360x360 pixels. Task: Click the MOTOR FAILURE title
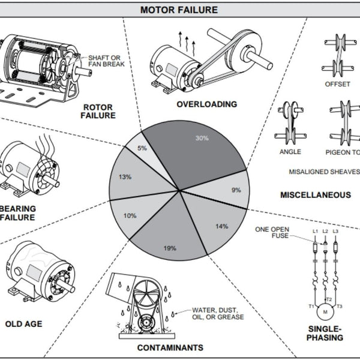(x=179, y=10)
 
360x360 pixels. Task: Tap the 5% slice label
(x=142, y=148)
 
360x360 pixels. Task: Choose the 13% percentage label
(x=125, y=177)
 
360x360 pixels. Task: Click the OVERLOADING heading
(x=207, y=104)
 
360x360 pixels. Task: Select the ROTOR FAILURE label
(x=98, y=112)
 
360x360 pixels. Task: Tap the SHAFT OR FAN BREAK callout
(x=106, y=61)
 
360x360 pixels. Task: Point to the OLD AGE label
(x=24, y=324)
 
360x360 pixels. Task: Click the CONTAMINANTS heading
(x=170, y=347)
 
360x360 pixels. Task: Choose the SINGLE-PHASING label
(x=325, y=333)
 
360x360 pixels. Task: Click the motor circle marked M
(x=325, y=312)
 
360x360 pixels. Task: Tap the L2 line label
(x=325, y=231)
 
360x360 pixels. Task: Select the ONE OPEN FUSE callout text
(x=272, y=232)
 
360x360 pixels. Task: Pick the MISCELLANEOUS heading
(x=316, y=195)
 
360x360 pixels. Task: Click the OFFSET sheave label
(x=337, y=84)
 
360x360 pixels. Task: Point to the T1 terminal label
(x=311, y=306)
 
